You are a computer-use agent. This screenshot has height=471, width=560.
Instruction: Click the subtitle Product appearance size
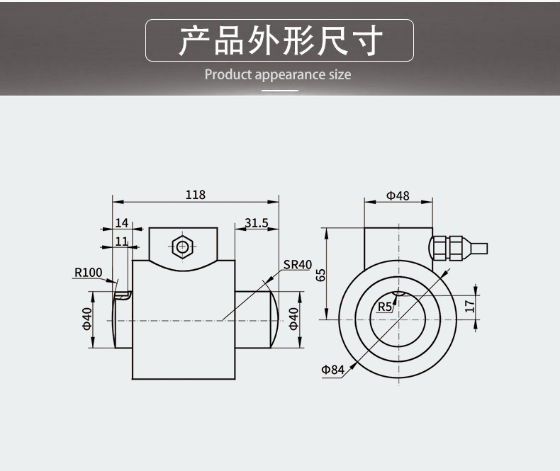click(278, 74)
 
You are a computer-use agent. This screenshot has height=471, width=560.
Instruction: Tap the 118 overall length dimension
click(195, 195)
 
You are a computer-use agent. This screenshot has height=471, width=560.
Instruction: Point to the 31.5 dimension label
click(256, 223)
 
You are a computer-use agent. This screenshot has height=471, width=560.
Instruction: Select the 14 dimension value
click(121, 223)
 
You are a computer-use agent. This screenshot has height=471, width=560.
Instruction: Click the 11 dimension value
click(121, 242)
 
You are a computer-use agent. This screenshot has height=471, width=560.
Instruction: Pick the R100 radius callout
click(89, 272)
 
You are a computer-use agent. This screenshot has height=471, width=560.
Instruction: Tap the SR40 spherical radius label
click(298, 265)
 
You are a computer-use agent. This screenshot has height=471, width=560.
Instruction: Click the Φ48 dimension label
click(398, 195)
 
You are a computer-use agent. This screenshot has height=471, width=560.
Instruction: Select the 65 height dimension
click(320, 275)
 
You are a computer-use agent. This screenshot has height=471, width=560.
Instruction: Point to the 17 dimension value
click(469, 306)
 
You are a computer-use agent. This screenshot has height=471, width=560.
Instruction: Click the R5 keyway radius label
click(384, 307)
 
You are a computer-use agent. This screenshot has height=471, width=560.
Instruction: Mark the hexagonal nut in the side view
click(183, 246)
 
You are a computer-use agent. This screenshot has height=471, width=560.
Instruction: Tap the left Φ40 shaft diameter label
click(87, 319)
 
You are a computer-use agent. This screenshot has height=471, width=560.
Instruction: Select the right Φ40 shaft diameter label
click(293, 319)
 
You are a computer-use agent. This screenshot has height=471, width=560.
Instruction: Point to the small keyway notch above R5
click(397, 293)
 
